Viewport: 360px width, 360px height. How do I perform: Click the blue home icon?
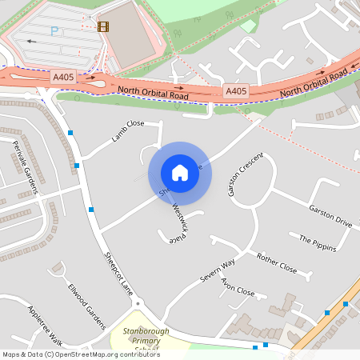(180, 173)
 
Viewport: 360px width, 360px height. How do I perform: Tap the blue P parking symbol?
(54, 31)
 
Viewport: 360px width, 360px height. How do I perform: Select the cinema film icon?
(102, 26)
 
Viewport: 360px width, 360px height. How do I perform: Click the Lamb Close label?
(128, 130)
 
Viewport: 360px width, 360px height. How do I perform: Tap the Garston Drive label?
(330, 214)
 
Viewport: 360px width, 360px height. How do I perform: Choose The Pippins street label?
(318, 243)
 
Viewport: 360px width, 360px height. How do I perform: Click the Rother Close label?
(277, 264)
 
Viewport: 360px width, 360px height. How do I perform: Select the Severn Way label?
(218, 270)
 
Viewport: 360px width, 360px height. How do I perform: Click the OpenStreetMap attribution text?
(82, 354)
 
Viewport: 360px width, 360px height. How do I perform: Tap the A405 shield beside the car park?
(64, 77)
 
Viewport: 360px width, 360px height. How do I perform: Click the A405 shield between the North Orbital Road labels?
(236, 91)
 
